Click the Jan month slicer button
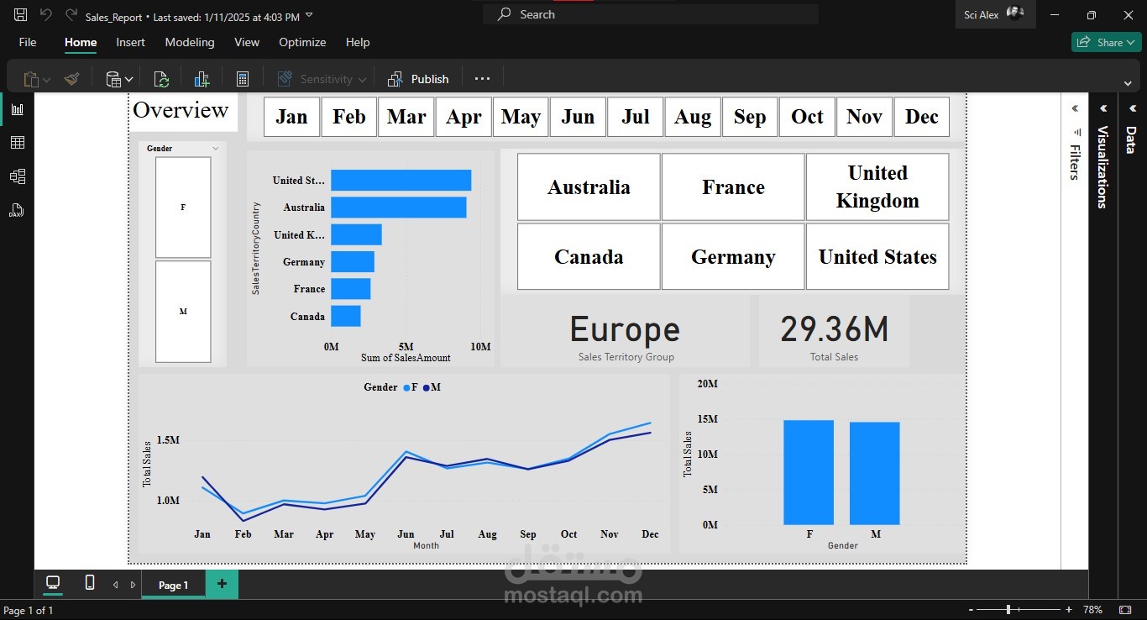pos(291,117)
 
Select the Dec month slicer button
pos(921,117)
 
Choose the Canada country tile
pos(589,256)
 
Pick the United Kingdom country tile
pos(877,187)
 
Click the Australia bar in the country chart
pos(398,207)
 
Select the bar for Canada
pos(346,316)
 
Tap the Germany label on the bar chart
pos(304,262)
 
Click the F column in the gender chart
pos(809,472)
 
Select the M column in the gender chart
pos(875,473)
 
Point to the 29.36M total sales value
pos(834,329)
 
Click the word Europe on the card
pos(626,329)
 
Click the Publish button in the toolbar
pos(419,79)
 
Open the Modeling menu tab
pos(190,42)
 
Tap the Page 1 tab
pos(173,585)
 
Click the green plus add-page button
pos(222,584)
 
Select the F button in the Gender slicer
pos(183,207)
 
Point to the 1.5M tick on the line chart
pos(168,440)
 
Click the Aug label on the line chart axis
pos(487,534)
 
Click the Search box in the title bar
pos(651,14)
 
